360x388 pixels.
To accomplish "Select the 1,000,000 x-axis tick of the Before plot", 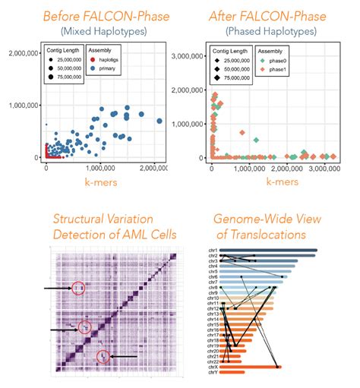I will (x=98, y=169).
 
